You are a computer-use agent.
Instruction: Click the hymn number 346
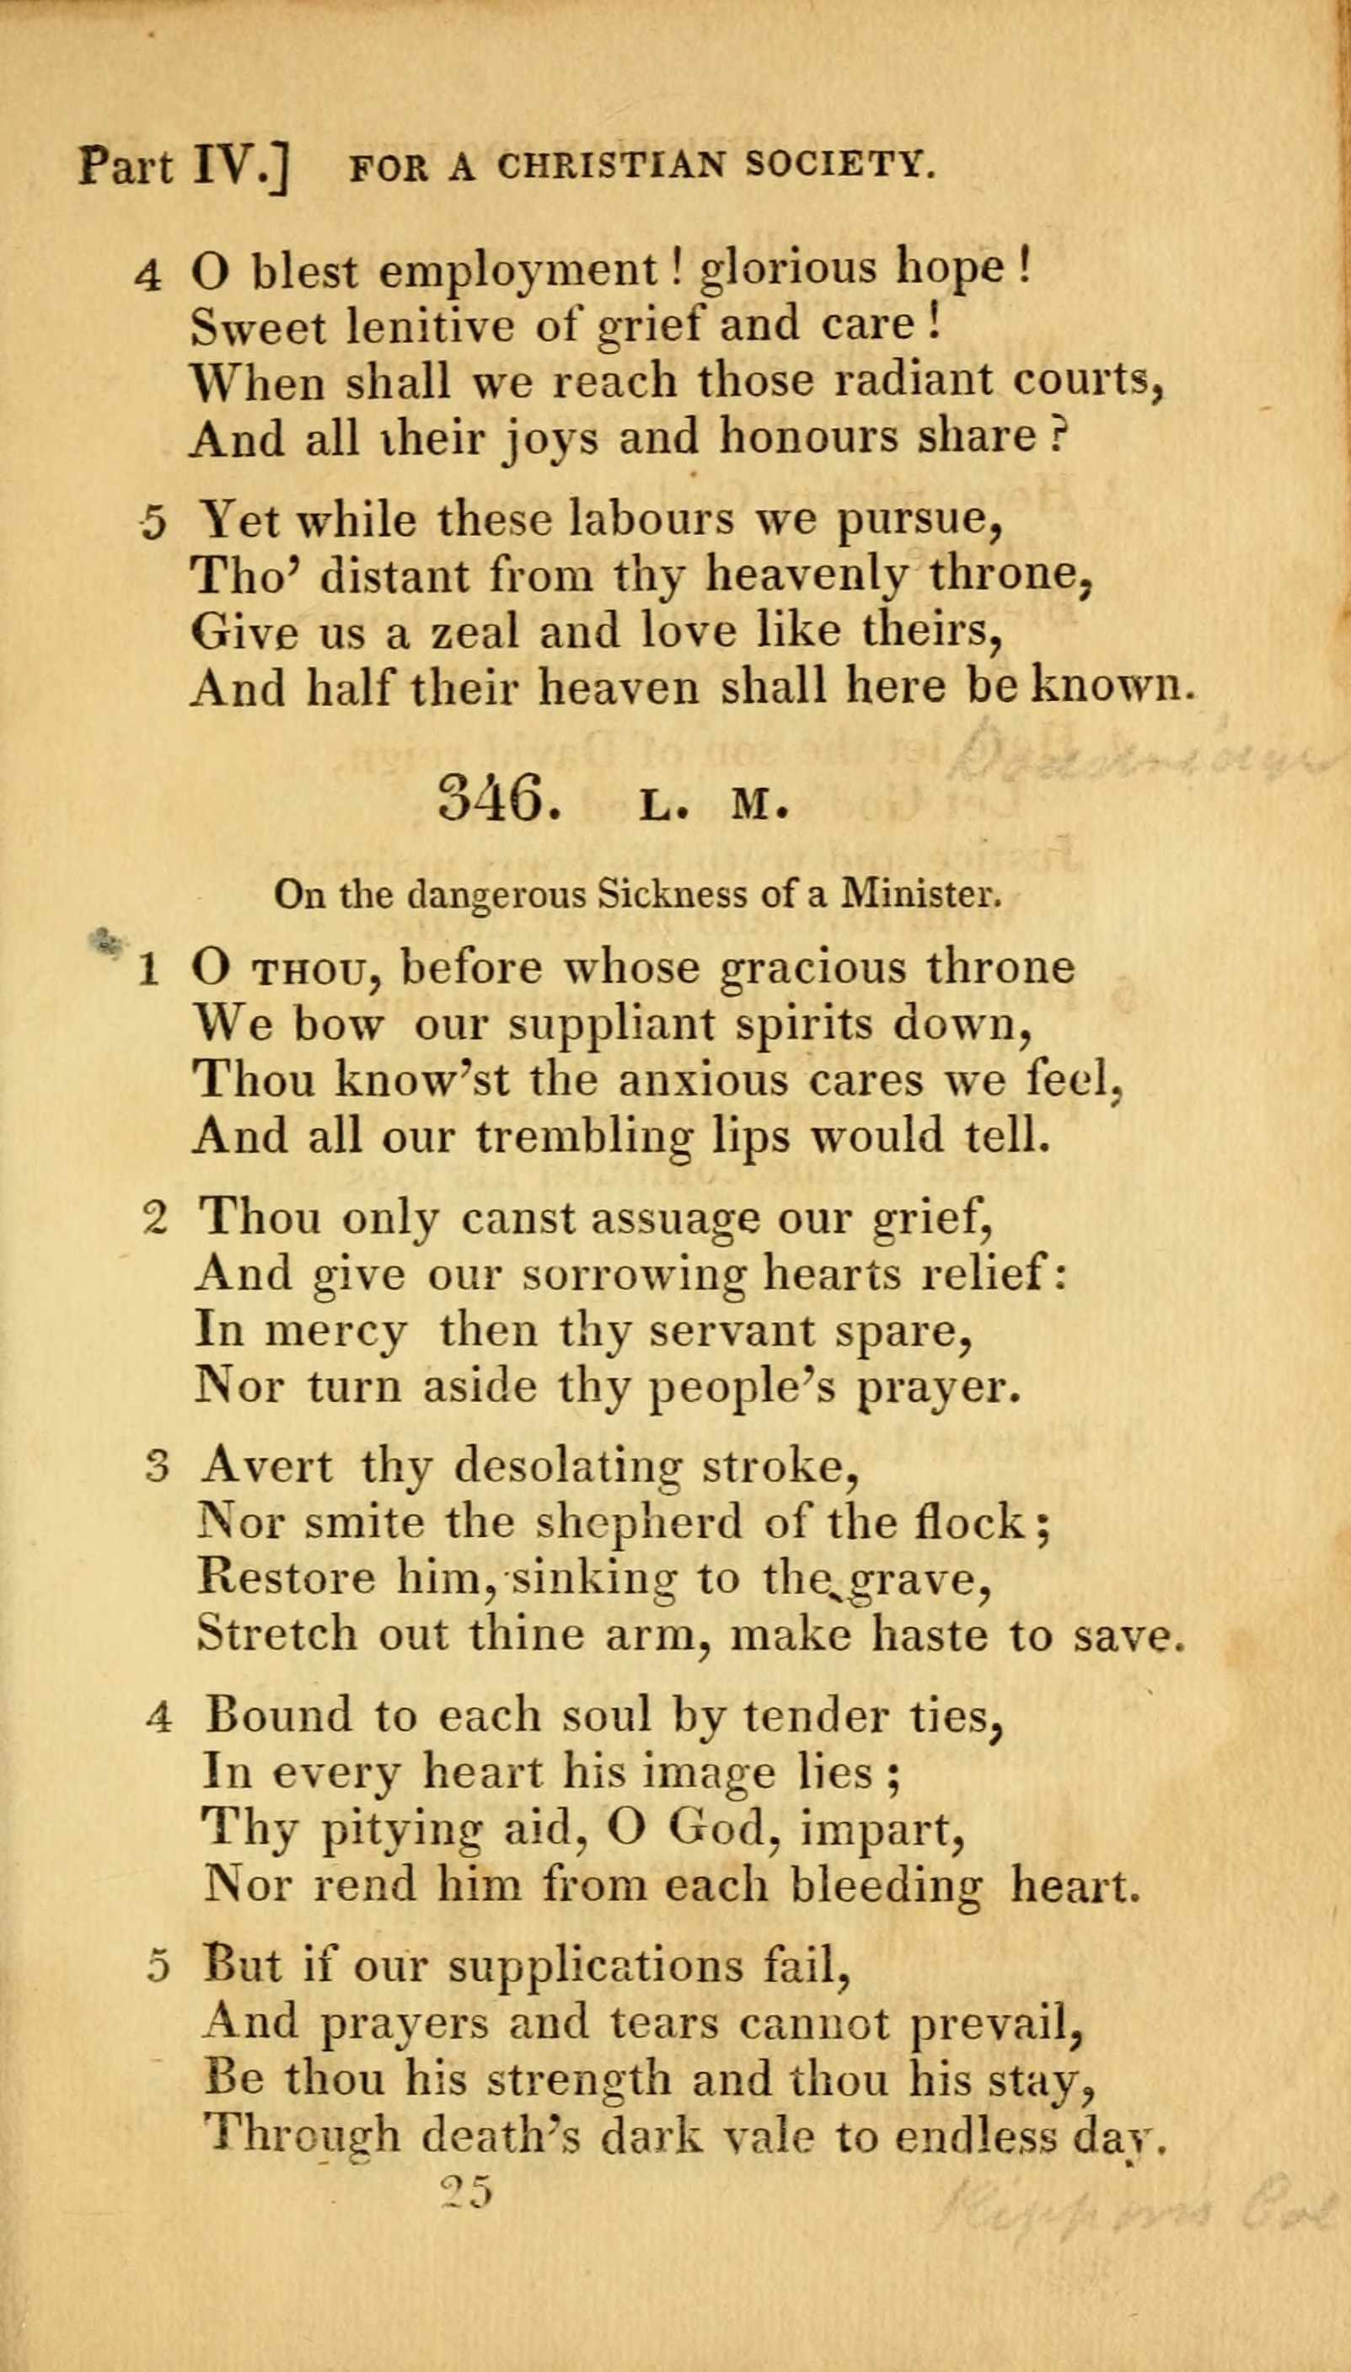[x=499, y=799]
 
